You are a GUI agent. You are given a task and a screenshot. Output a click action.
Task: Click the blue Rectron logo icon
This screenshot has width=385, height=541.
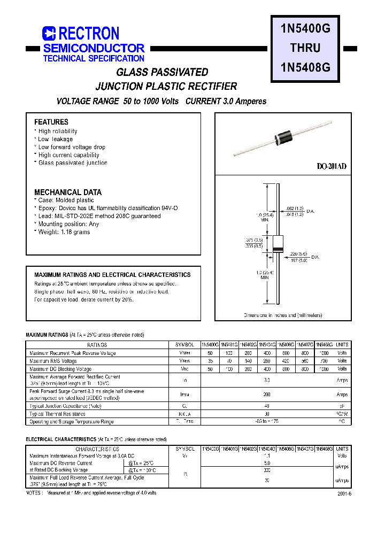49,34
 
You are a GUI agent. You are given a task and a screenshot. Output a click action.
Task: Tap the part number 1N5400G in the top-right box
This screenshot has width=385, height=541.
305,30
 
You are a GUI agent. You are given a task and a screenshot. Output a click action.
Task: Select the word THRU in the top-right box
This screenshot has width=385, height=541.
305,48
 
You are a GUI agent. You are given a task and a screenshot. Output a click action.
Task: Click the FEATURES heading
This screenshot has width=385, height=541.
51,122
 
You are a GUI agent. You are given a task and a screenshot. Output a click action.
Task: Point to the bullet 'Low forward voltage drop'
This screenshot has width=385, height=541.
72,147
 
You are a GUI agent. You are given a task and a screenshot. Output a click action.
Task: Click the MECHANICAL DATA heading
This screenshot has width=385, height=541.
68,192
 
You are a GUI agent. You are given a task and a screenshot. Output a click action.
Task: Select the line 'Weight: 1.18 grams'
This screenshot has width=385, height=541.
64,232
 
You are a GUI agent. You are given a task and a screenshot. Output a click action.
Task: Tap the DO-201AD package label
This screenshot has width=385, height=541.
332,167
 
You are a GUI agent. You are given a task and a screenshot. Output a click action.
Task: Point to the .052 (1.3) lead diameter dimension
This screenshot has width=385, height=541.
295,207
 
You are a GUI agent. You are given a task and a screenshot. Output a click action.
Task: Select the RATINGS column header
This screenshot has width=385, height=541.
97,345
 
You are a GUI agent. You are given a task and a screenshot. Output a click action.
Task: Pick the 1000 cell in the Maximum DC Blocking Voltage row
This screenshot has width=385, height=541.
324,369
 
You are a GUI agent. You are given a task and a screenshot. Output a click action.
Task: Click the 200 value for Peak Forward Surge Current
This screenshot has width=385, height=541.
267,395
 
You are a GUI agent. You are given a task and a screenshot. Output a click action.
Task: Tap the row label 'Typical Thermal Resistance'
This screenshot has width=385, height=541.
57,414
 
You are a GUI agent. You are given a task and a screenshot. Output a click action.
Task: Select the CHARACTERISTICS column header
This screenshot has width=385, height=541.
97,449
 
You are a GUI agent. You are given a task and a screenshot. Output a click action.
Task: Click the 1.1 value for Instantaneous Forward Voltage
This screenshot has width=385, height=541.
267,456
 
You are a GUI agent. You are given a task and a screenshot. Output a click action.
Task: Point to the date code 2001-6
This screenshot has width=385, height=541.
344,494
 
